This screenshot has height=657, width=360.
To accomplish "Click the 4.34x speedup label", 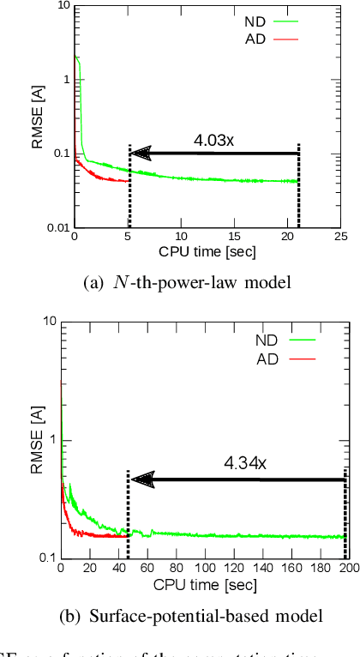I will click(245, 463).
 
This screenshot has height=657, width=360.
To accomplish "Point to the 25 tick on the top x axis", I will click(340, 237).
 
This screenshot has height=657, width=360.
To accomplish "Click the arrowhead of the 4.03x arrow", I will click(141, 154).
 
